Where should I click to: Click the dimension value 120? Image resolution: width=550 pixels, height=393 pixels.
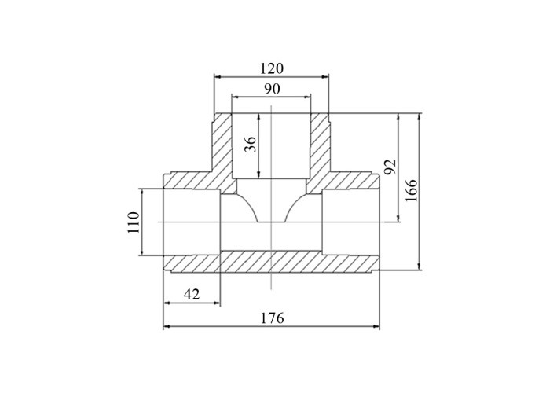coord(272,68)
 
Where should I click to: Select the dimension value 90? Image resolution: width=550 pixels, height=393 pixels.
coord(272,89)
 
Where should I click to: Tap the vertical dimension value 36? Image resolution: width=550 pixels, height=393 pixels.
coord(251,144)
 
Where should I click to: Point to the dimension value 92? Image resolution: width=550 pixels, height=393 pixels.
coord(390,167)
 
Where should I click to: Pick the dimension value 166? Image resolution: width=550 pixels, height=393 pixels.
coord(411,190)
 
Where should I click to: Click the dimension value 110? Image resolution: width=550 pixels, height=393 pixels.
coord(134,222)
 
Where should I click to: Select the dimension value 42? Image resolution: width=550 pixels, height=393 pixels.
coord(192,294)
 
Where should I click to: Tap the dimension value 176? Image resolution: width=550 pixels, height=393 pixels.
coord(272,318)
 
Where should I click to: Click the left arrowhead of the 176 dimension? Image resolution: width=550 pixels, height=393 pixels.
coord(167,326)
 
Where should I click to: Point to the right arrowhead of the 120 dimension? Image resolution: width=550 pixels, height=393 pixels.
coord(325,76)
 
